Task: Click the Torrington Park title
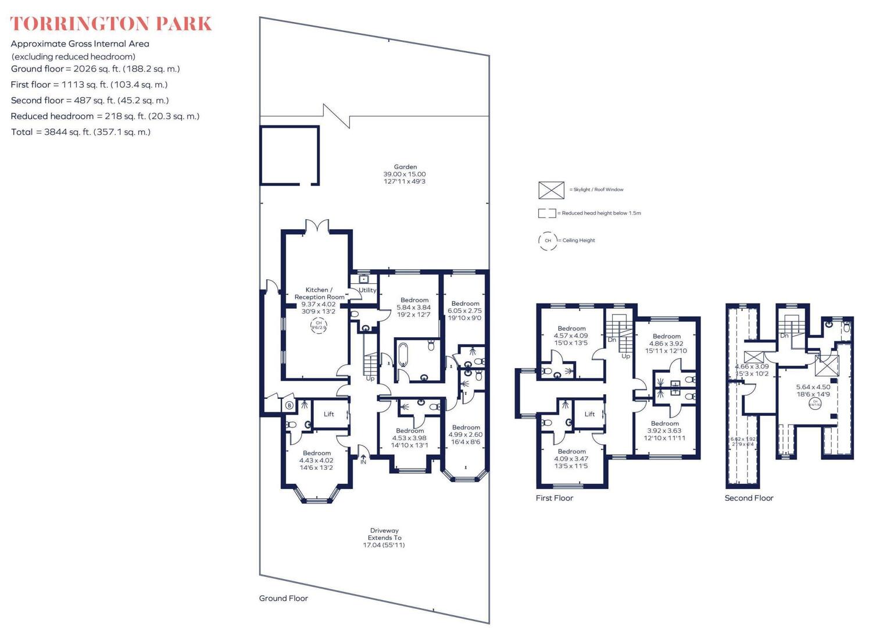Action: point(111,24)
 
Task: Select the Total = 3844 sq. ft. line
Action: point(80,132)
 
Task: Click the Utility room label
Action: point(367,290)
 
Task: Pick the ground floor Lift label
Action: point(329,415)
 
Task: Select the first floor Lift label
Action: point(589,415)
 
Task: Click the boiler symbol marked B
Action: point(289,405)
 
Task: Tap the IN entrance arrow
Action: point(363,459)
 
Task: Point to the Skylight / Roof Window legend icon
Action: point(551,190)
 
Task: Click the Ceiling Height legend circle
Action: point(548,240)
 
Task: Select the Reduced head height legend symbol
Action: point(546,213)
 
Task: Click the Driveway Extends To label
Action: point(384,538)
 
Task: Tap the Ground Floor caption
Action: point(284,598)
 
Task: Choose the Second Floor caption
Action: point(749,498)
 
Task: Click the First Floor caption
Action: point(555,498)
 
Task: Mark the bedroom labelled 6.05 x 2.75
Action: point(465,311)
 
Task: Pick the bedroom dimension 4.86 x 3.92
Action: point(667,344)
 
